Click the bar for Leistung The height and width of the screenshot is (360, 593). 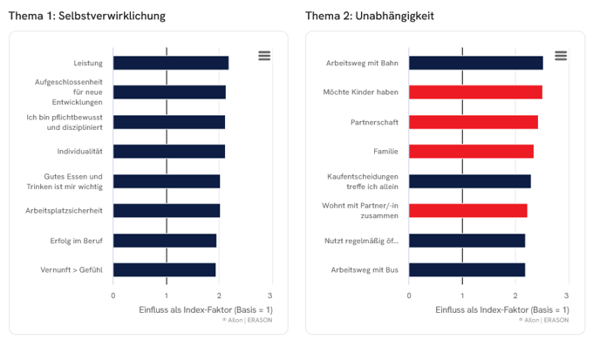(x=170, y=63)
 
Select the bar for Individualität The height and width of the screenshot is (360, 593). (x=168, y=152)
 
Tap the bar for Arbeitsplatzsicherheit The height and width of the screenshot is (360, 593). (x=166, y=211)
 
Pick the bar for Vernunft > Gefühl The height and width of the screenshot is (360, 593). (x=164, y=270)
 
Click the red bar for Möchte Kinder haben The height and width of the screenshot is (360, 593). (x=475, y=92)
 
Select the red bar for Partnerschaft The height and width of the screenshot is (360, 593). (x=473, y=122)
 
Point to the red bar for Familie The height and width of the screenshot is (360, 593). (x=471, y=152)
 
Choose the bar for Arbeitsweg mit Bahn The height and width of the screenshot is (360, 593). (x=475, y=63)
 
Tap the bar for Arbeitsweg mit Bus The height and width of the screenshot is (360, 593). (x=467, y=270)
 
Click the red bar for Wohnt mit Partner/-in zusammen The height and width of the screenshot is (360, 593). (x=467, y=211)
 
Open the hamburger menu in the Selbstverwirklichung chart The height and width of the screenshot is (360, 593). (x=264, y=56)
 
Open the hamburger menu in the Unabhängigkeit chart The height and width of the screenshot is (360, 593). (x=561, y=56)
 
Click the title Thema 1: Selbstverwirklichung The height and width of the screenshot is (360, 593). (x=87, y=16)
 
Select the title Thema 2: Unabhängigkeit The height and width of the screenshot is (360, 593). (x=370, y=16)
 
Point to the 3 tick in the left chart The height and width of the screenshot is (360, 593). (x=271, y=295)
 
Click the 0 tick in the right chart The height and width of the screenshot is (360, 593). (x=409, y=295)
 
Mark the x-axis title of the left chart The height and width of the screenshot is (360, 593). (x=206, y=309)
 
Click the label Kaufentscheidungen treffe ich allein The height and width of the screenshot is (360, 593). (x=362, y=181)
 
